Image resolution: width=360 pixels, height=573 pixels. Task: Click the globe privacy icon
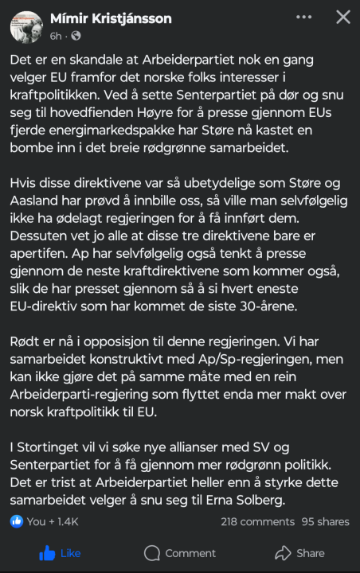pos(76,36)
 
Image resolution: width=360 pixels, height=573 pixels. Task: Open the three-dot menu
pos(303,18)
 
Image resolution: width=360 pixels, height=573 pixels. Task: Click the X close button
pos(342,18)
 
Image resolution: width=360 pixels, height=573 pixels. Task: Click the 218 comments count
pos(257,521)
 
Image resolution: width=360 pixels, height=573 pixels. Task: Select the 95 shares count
pos(325,521)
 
